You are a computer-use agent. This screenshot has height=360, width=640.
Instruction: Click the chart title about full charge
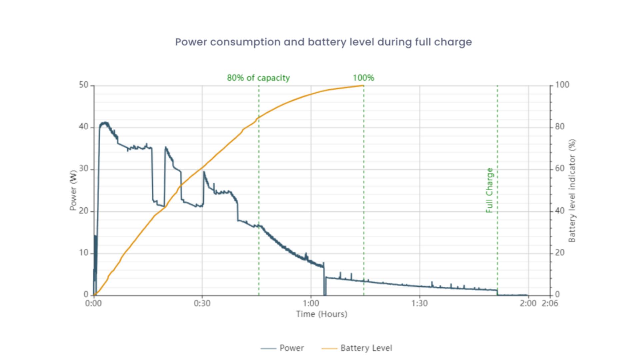(323, 42)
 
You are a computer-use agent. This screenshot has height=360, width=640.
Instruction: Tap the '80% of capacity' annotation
(258, 78)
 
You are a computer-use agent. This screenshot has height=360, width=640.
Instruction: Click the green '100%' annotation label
(363, 78)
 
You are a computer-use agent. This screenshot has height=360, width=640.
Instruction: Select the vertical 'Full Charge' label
(489, 190)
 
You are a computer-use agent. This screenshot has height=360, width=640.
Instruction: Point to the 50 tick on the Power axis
(84, 85)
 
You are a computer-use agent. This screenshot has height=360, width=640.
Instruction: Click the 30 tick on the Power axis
(84, 169)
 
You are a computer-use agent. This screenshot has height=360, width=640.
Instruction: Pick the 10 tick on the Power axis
(84, 253)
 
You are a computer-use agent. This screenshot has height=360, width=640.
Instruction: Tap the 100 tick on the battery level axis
(562, 85)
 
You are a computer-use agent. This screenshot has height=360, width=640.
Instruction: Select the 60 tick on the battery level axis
(560, 169)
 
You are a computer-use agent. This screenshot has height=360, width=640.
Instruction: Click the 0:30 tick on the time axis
(202, 303)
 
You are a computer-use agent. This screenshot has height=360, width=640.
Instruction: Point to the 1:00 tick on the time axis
(311, 303)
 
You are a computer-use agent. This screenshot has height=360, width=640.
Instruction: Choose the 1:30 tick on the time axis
(419, 303)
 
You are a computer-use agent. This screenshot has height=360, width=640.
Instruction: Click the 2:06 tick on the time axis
(550, 303)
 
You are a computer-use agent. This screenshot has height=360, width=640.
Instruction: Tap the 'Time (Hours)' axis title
(321, 314)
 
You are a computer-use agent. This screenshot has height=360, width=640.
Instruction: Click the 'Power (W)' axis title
(73, 190)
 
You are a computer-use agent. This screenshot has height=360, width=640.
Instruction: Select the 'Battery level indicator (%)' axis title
(572, 190)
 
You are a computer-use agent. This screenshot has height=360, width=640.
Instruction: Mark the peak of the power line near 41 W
(105, 123)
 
